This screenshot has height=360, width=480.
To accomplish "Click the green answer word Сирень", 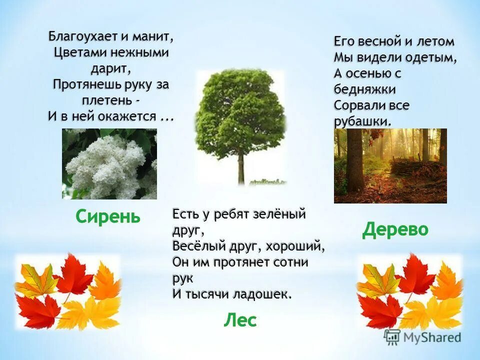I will click(x=108, y=216).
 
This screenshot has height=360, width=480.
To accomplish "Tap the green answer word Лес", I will click(x=240, y=320).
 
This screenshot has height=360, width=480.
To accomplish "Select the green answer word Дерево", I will click(x=395, y=229).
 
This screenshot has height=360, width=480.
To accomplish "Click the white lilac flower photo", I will click(x=109, y=164).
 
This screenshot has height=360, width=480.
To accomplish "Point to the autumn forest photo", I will click(x=390, y=165).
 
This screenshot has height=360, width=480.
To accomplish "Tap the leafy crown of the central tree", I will click(x=240, y=110).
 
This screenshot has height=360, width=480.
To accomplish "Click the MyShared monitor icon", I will click(x=392, y=337).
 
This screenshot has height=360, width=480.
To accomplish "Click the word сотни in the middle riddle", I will click(x=291, y=262).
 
